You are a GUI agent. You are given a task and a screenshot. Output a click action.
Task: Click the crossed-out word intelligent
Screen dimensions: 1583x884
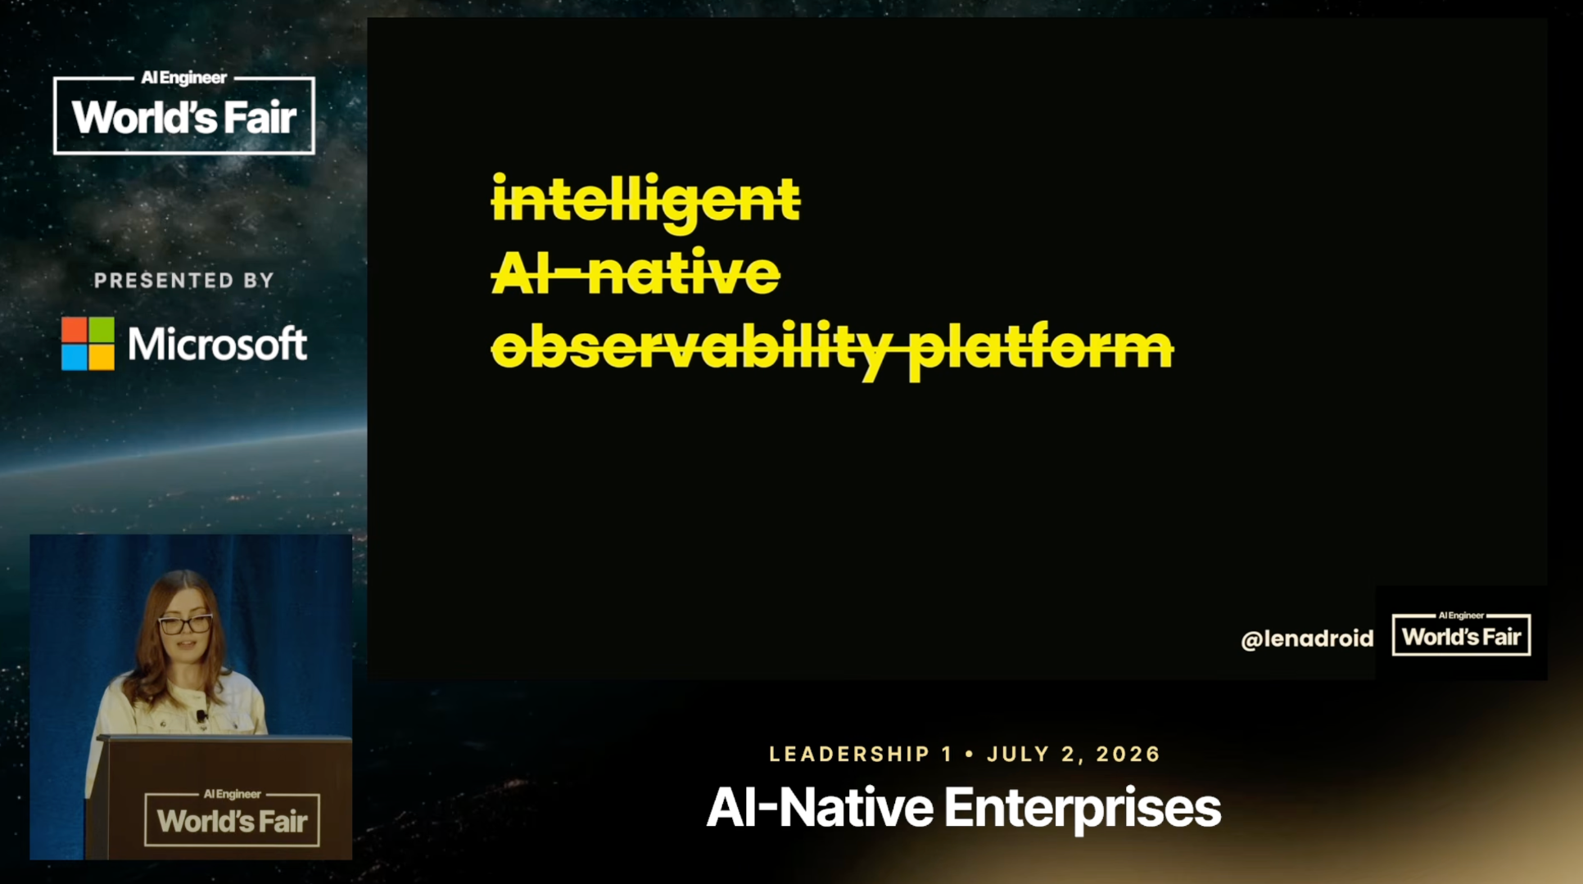tap(645, 199)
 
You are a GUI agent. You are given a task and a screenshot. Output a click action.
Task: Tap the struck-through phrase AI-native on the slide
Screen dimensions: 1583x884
tap(635, 272)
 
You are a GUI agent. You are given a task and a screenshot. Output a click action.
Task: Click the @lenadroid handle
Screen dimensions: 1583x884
tap(1307, 638)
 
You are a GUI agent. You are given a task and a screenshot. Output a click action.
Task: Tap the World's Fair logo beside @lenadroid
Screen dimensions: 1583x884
tap(1462, 634)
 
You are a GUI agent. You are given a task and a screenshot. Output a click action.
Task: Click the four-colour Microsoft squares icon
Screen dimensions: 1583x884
tap(88, 344)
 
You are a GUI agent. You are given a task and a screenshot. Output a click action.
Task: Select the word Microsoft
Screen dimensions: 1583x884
tap(218, 344)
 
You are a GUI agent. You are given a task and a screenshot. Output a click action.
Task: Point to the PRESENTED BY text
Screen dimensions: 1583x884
tap(184, 281)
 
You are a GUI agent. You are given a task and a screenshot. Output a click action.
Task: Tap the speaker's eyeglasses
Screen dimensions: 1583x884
tap(186, 625)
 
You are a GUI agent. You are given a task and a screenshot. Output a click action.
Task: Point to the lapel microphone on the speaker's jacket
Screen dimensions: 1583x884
tap(201, 716)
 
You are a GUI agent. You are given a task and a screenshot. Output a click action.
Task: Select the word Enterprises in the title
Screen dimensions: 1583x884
tap(1083, 809)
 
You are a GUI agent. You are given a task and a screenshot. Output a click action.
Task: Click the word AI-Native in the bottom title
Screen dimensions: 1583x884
tap(820, 807)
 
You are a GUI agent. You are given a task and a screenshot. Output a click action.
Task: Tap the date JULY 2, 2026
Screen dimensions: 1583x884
tap(1074, 754)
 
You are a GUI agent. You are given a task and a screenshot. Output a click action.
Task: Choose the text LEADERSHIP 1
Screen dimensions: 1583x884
tap(862, 754)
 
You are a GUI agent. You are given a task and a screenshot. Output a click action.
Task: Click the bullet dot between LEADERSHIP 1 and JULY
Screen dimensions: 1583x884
tap(970, 754)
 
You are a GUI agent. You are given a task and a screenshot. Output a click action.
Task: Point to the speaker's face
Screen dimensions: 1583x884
tap(184, 626)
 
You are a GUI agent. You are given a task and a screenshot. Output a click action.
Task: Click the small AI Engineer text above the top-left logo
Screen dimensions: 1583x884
tap(184, 78)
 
